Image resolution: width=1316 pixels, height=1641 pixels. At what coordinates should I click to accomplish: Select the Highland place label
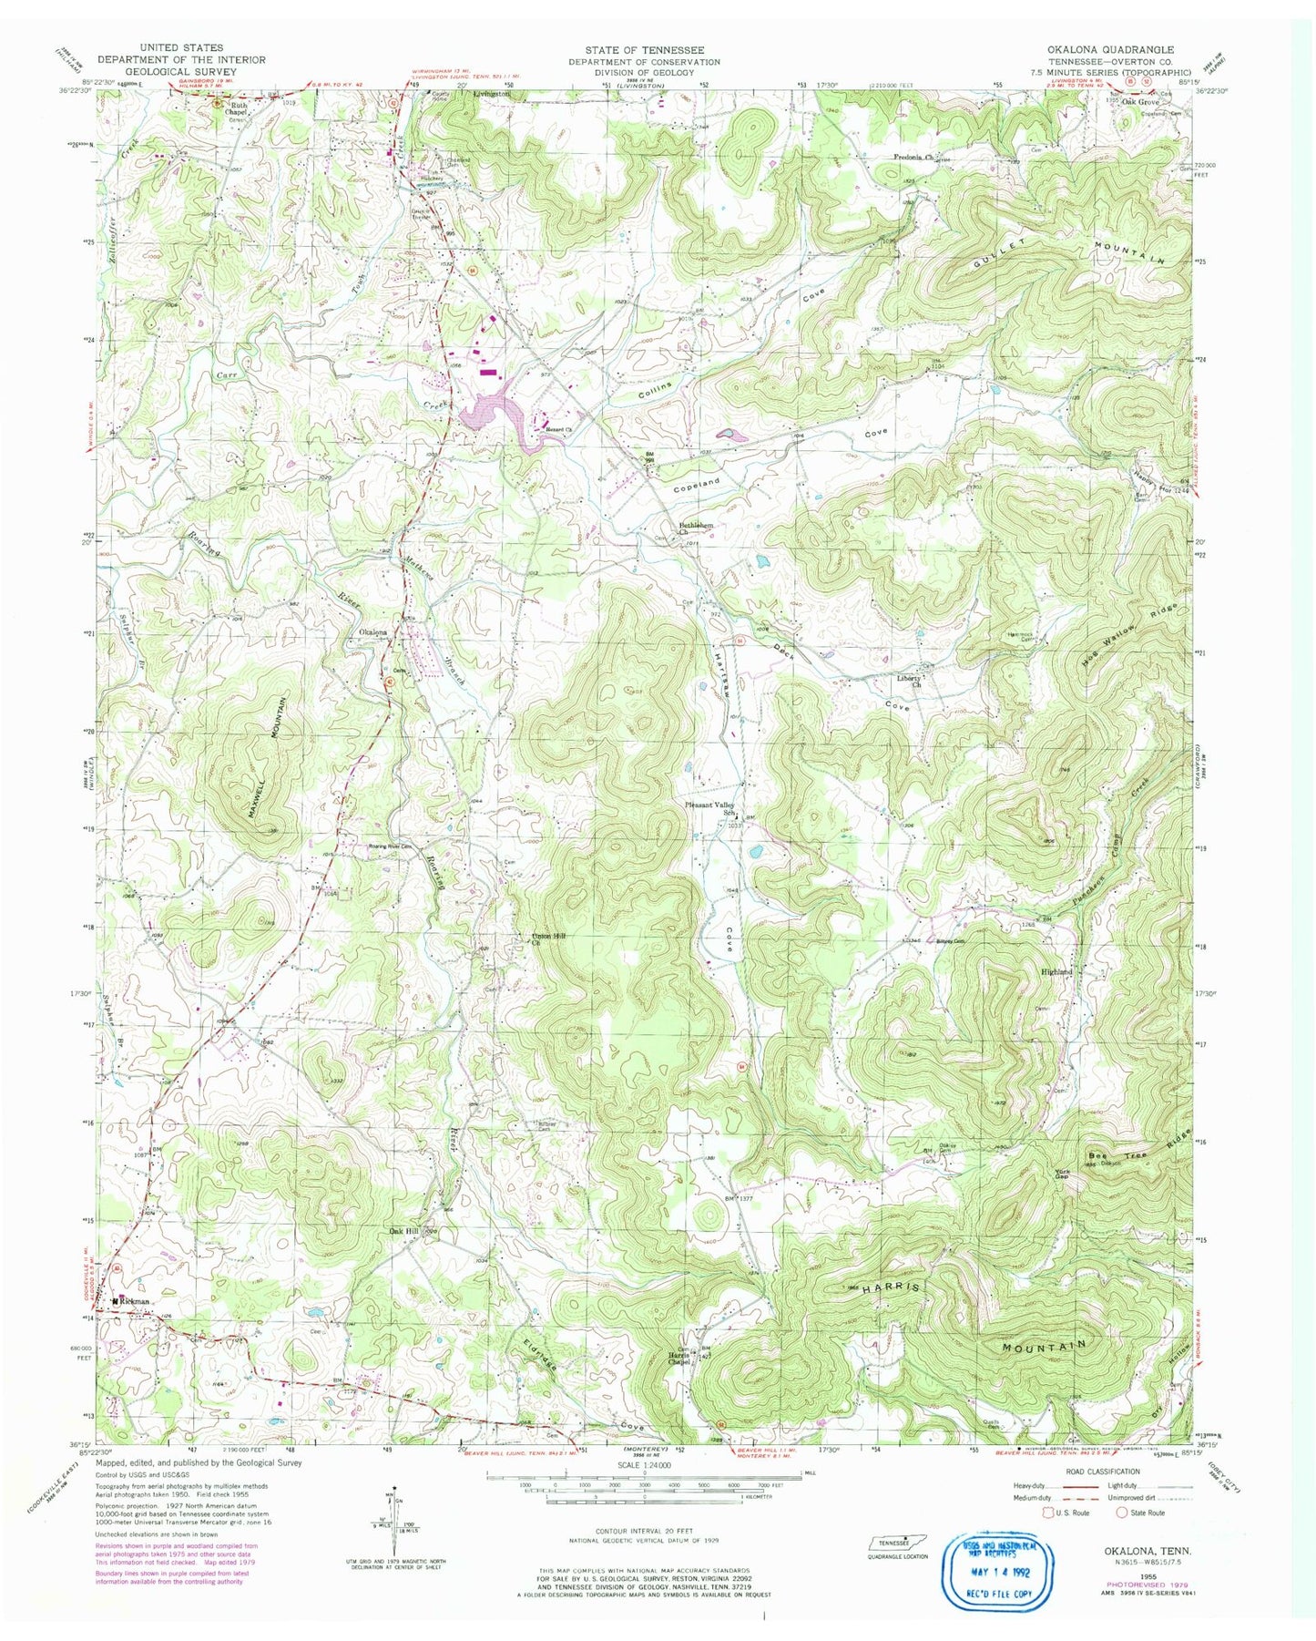pos(1057,972)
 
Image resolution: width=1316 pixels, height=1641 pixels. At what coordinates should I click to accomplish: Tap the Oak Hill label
pos(404,1230)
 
